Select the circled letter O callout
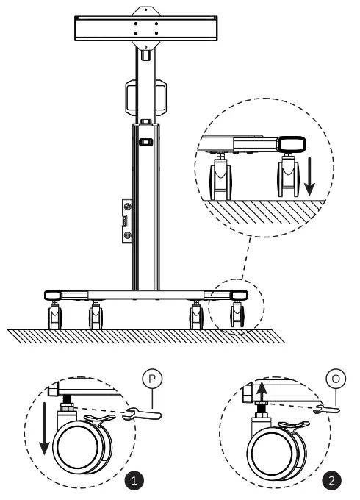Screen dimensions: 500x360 coord(335,380)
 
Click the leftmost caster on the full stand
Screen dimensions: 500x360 coord(54,317)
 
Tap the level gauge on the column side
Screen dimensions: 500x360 coord(126,221)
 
